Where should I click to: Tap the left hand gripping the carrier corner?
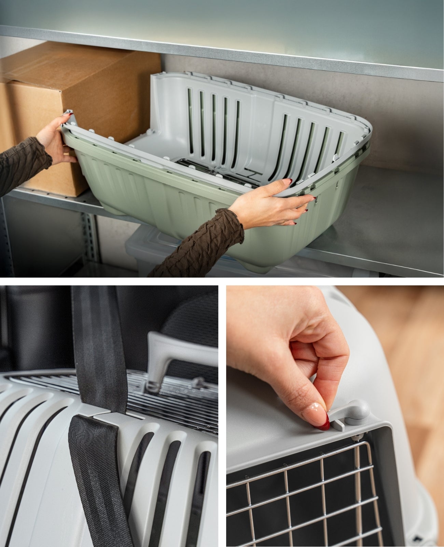(55, 140)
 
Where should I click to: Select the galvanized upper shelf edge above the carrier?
(222, 51)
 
